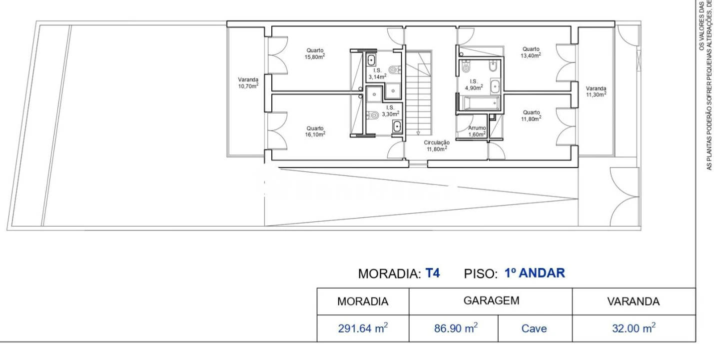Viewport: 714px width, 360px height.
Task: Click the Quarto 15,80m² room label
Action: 315,53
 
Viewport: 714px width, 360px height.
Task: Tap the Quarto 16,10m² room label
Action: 315,130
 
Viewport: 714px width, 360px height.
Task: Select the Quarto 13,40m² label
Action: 531,52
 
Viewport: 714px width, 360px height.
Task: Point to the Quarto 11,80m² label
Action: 531,115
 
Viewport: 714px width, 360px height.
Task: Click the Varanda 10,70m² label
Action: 248,82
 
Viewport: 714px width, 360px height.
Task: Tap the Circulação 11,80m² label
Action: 436,145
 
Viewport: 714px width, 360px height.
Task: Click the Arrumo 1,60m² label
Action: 477,131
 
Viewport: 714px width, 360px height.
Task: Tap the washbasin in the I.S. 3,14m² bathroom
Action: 371,61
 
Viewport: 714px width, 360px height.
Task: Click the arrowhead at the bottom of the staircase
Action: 418,133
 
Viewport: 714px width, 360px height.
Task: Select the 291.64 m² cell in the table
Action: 363,328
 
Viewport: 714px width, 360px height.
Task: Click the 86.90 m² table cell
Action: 453,328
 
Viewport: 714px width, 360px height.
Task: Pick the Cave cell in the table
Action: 534,329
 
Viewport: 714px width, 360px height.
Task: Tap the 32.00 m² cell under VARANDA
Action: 634,328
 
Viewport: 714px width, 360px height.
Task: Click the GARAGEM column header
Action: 491,301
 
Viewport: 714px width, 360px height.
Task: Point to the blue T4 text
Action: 432,273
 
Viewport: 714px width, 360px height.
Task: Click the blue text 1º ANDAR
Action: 535,273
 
